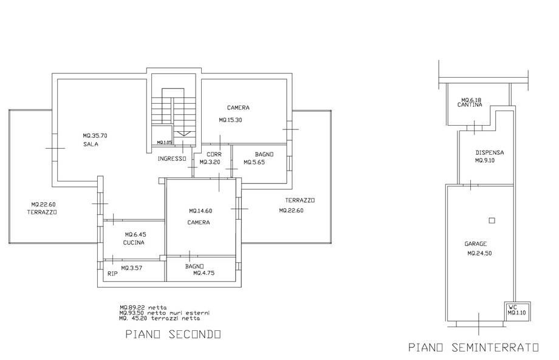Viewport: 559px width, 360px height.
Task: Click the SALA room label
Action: tap(91, 144)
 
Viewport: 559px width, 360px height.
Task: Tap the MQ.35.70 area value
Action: tap(95, 135)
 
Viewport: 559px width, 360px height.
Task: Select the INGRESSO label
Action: tap(172, 159)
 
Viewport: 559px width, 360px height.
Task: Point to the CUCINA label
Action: tap(134, 242)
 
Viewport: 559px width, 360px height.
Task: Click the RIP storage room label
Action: tap(112, 274)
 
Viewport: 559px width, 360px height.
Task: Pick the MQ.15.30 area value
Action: tap(230, 120)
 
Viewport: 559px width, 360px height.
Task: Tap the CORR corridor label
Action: tap(214, 154)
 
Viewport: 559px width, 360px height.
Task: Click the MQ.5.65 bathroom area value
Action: tap(254, 162)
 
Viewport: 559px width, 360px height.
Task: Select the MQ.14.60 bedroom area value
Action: tap(201, 211)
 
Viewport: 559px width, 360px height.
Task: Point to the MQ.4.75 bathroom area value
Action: tap(204, 273)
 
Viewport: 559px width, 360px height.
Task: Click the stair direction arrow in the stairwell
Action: tap(184, 134)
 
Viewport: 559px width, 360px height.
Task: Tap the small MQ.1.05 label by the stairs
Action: tap(165, 143)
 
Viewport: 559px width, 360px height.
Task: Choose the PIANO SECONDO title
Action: tap(173, 335)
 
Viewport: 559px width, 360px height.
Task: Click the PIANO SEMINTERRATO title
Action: tap(473, 347)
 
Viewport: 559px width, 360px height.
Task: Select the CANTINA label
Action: tap(470, 104)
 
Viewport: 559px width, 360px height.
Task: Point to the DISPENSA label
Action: tap(490, 152)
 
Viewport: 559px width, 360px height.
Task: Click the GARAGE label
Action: tap(476, 244)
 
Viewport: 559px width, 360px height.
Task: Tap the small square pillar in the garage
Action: tap(492, 220)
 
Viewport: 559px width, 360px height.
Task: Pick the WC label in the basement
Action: tap(513, 307)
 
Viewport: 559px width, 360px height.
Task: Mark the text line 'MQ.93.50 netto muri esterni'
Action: tap(165, 313)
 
